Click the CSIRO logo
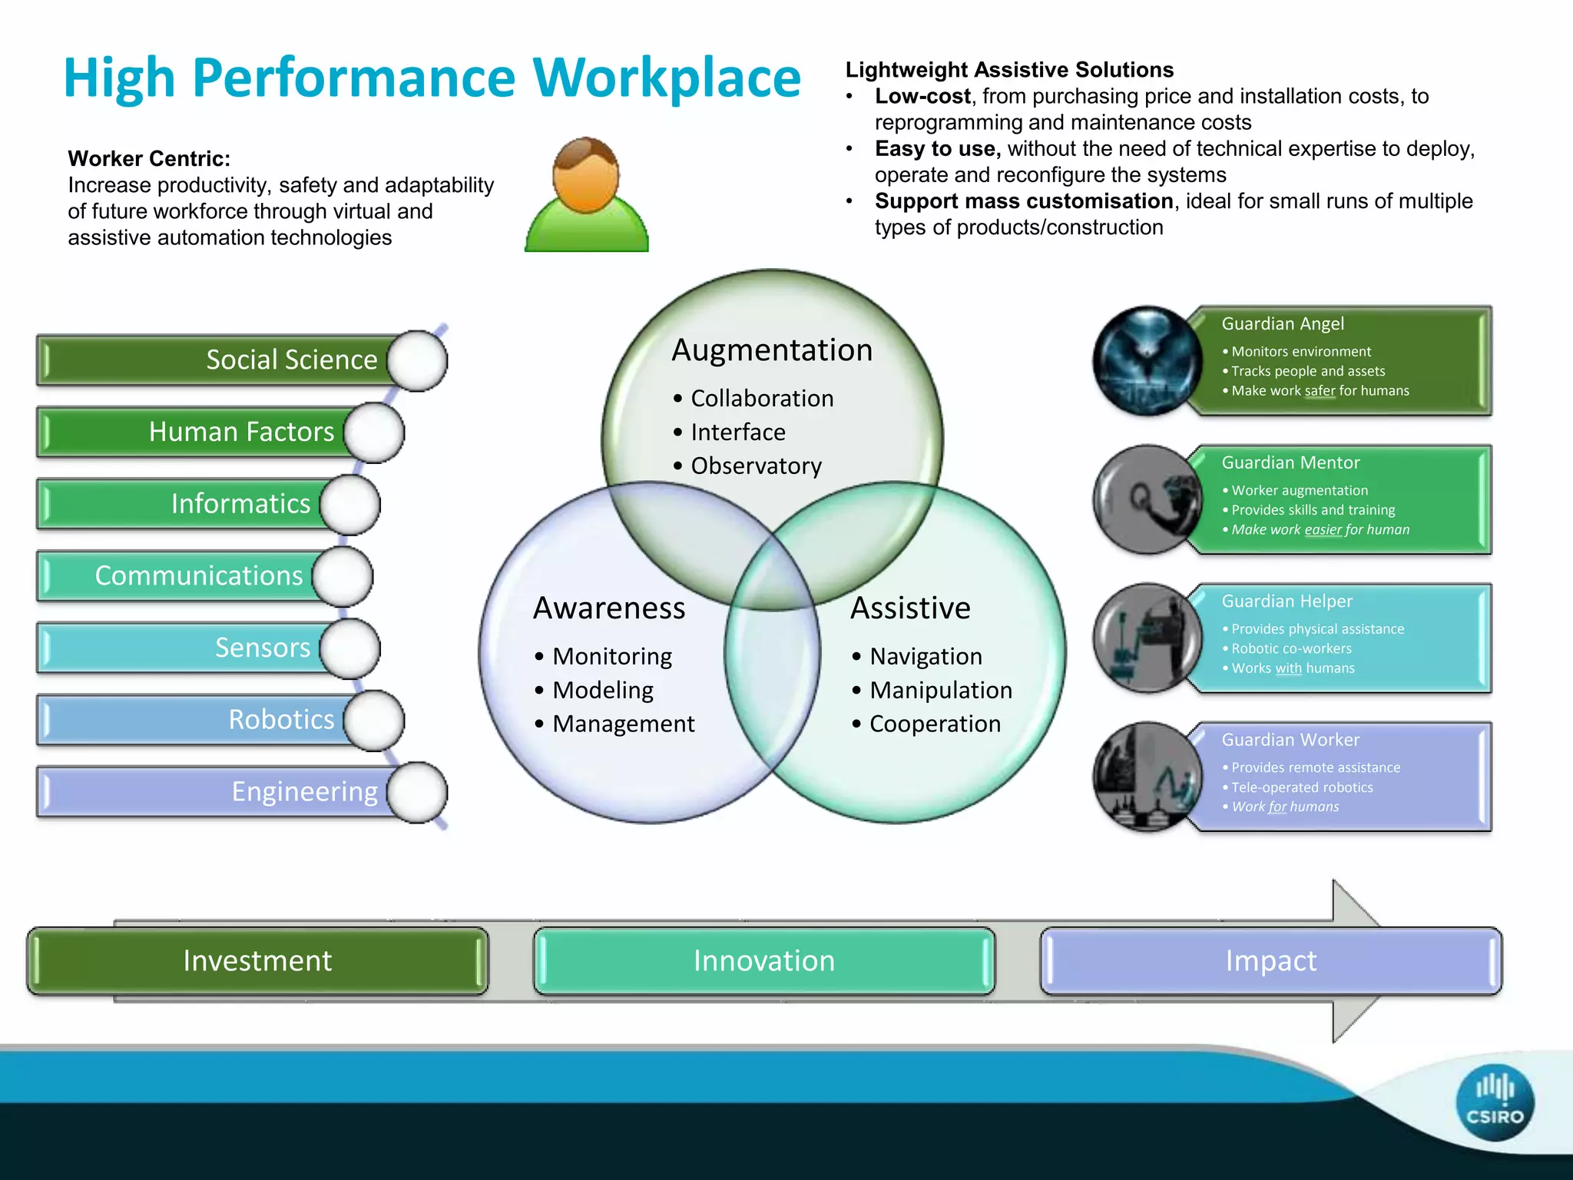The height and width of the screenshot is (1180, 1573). pyautogui.click(x=1494, y=1102)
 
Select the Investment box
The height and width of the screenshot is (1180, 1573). pyautogui.click(x=257, y=961)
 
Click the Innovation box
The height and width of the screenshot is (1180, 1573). pyautogui.click(x=764, y=961)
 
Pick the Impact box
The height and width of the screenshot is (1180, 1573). pyautogui.click(x=1271, y=961)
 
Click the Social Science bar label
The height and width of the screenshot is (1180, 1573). pyautogui.click(x=292, y=360)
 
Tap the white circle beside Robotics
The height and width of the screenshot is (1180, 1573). pyautogui.click(x=374, y=720)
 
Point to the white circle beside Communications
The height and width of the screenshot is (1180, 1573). pyautogui.click(x=343, y=576)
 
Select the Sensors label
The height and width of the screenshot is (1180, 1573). pyautogui.click(x=263, y=648)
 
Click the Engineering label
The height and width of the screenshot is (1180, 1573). pyautogui.click(x=305, y=791)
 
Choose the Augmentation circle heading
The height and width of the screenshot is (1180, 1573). pyautogui.click(x=772, y=350)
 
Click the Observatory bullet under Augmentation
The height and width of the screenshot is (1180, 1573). pyautogui.click(x=756, y=466)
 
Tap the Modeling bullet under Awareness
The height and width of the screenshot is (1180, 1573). pyautogui.click(x=603, y=690)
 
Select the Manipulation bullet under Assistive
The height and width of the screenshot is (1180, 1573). pyautogui.click(x=940, y=690)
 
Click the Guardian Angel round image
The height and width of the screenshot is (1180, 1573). pyautogui.click(x=1147, y=361)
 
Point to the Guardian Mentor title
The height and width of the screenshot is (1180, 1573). pyautogui.click(x=1290, y=462)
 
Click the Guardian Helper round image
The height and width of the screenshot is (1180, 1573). pyautogui.click(x=1147, y=638)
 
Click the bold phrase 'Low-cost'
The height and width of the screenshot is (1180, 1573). pyautogui.click(x=922, y=96)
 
